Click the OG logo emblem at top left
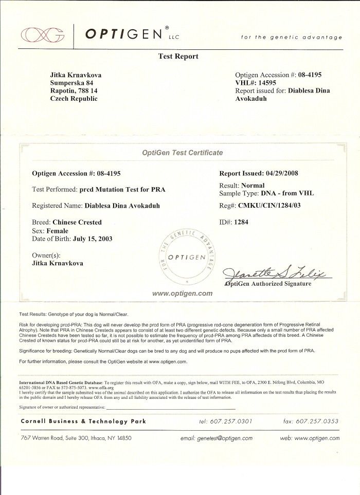[x=43, y=34]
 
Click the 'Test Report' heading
[x=178, y=57]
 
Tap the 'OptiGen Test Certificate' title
[x=182, y=153]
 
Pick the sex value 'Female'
[x=58, y=231]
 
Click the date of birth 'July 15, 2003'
[x=93, y=239]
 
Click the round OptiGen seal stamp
[x=186, y=257]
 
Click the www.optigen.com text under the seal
[x=182, y=294]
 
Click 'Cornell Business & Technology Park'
[x=83, y=421]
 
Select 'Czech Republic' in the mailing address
[x=74, y=99]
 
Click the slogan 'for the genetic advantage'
[x=291, y=38]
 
